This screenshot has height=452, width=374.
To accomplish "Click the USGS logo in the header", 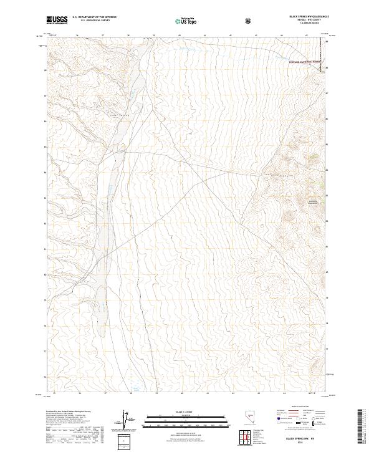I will point(57,20).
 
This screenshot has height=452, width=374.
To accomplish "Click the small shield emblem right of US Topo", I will point(249,21).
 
